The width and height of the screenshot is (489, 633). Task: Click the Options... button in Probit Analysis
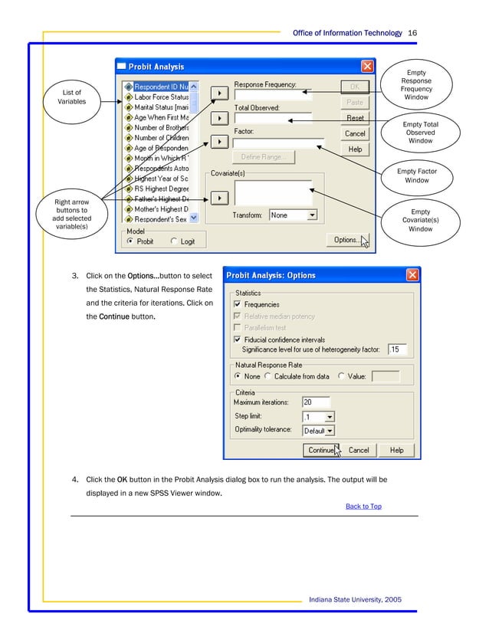tap(346, 240)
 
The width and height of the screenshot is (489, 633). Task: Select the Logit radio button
tap(174, 241)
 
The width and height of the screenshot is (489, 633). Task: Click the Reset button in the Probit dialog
tap(355, 119)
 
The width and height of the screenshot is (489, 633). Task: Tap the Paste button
tap(355, 103)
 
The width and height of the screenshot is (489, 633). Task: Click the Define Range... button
tap(263, 157)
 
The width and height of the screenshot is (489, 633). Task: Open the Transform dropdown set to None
tap(311, 215)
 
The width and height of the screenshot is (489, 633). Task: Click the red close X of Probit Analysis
tap(367, 67)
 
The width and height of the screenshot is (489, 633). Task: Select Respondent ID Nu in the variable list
tap(160, 87)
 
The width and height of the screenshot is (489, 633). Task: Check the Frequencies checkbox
tap(238, 304)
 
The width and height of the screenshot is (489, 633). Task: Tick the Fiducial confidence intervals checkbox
tap(238, 339)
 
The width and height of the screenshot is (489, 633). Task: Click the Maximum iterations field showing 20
tap(316, 402)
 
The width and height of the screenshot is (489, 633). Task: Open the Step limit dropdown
tap(330, 417)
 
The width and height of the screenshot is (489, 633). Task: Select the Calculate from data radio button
tap(267, 376)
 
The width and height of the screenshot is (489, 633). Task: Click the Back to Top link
tap(363, 506)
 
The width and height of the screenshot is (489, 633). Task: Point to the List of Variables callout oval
tap(71, 97)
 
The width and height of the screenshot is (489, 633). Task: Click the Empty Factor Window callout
tap(416, 175)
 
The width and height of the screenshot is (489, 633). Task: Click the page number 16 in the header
tap(412, 33)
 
